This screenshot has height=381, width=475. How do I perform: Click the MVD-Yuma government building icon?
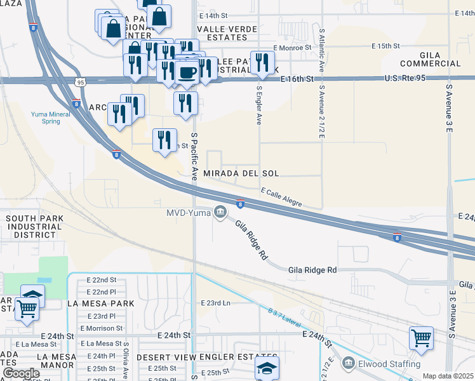pyautogui.click(x=220, y=212)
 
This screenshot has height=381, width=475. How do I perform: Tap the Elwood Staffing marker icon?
pyautogui.click(x=349, y=364)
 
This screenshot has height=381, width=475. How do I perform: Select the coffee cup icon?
pyautogui.click(x=187, y=72)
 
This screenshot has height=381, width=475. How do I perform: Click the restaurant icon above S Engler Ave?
pyautogui.click(x=260, y=62)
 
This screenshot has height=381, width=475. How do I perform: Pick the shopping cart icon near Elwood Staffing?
pyautogui.click(x=420, y=338)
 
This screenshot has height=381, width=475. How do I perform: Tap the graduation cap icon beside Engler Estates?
pyautogui.click(x=266, y=368)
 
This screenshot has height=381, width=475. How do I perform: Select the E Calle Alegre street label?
pyautogui.click(x=281, y=196)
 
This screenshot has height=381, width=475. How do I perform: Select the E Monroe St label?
pyautogui.click(x=292, y=48)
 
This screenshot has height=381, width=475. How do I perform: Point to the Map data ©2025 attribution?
pyautogui.click(x=448, y=376)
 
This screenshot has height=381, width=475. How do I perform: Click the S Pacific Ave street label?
pyautogui.click(x=195, y=156)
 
